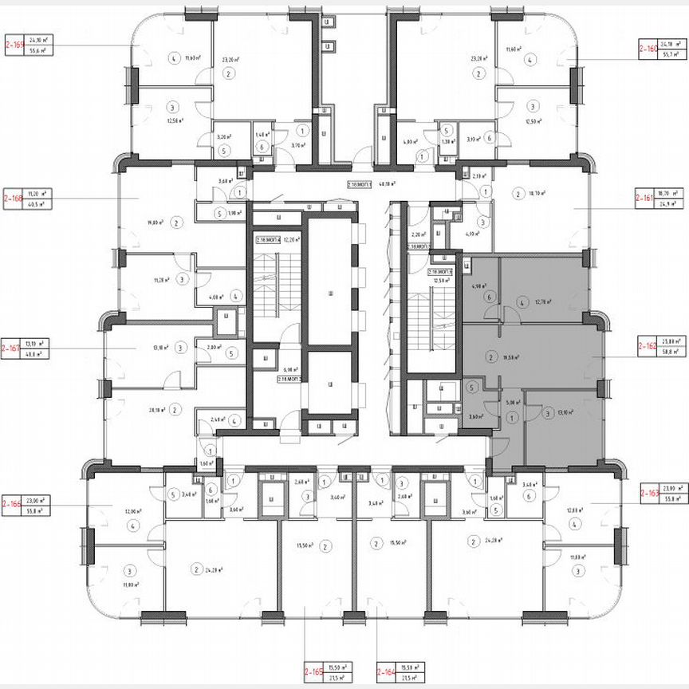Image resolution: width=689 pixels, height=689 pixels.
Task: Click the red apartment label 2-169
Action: (14, 44)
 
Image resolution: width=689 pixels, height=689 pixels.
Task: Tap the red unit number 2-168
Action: (14, 198)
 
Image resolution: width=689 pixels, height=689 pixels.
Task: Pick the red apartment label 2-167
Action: (12, 348)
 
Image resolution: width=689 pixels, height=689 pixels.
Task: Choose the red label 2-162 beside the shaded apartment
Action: (648, 348)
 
